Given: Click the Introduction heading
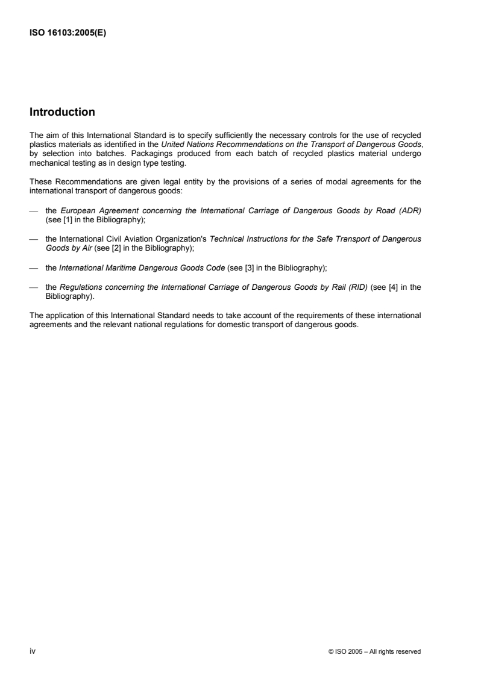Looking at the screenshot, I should click(62, 112).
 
